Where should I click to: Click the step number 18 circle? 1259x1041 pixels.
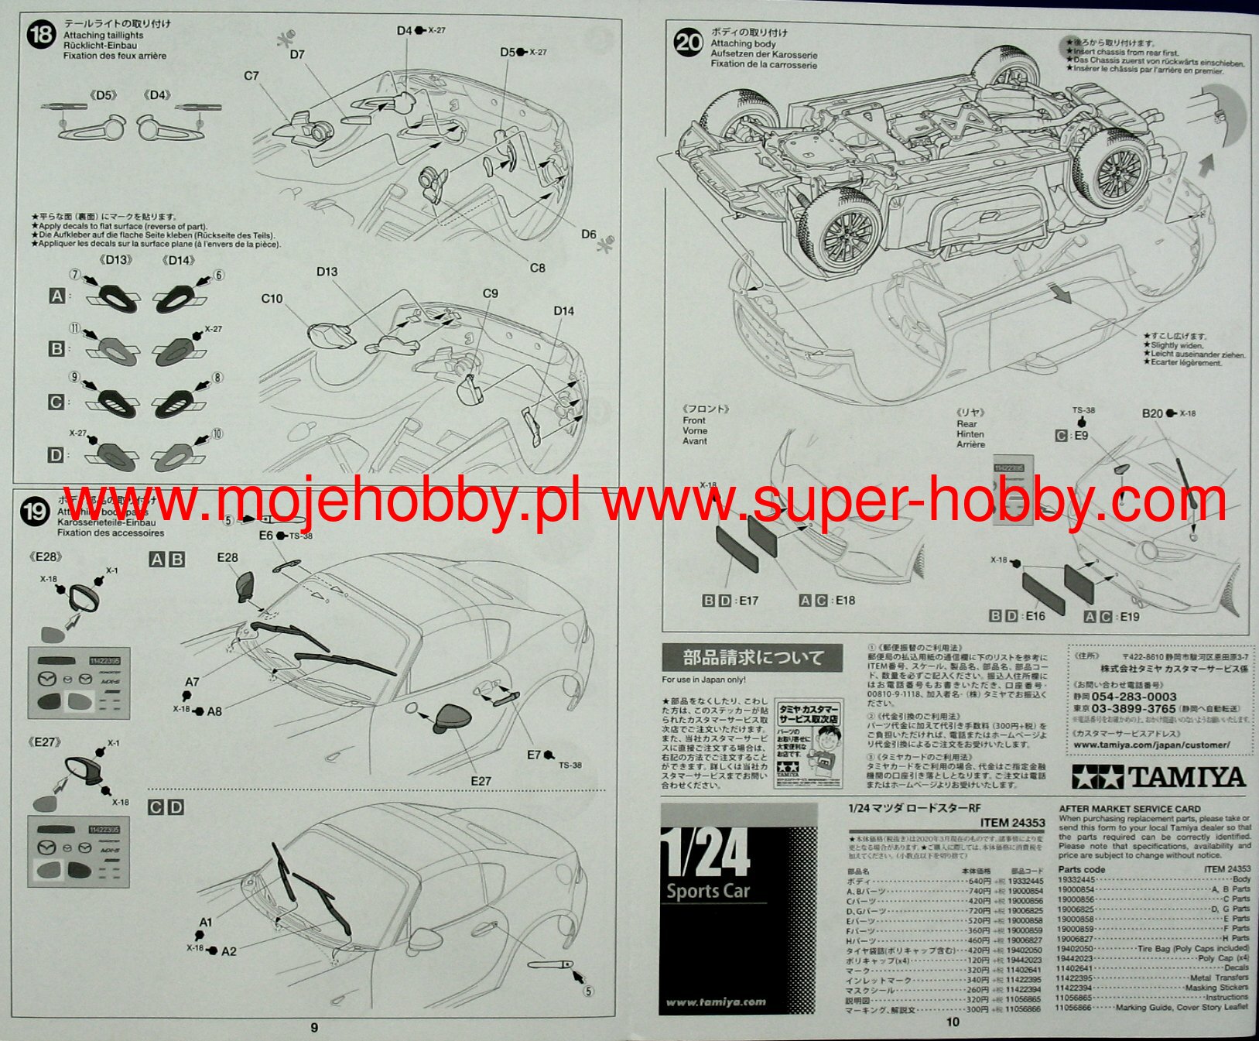tap(40, 36)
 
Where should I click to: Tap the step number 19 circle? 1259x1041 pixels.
tap(35, 512)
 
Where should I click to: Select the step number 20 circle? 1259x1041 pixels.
tap(688, 42)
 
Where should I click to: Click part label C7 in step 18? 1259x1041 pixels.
tap(251, 76)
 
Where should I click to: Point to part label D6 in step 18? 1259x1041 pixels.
tap(589, 234)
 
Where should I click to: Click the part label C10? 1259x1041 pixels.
tap(272, 299)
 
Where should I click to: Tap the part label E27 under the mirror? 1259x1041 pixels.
tap(481, 781)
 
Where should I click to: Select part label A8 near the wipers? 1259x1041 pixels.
tap(214, 711)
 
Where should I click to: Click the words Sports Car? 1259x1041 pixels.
tap(708, 891)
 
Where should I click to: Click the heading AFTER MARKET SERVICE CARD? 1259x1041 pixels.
tap(1130, 809)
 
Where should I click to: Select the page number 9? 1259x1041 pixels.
tap(314, 1027)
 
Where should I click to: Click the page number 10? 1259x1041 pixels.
tap(953, 1022)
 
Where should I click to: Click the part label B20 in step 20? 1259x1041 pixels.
tap(1152, 413)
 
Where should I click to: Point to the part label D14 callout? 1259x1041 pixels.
tap(563, 311)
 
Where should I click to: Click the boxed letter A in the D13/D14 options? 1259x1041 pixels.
tap(56, 296)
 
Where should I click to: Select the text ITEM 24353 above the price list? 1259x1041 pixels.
tap(1012, 823)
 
